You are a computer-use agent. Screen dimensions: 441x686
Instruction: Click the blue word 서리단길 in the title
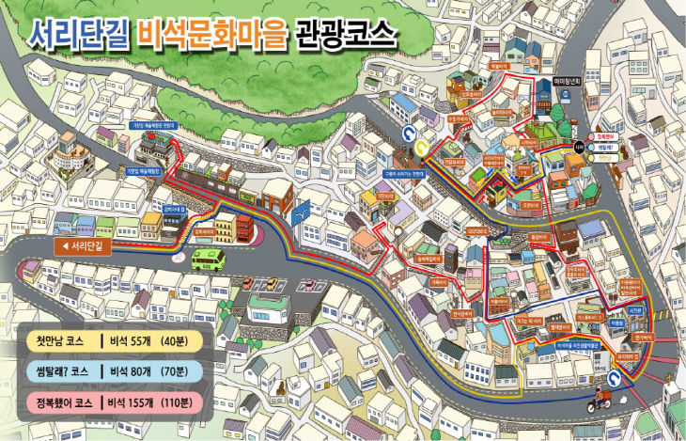click(80, 36)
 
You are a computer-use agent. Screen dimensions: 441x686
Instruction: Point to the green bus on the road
click(208, 258)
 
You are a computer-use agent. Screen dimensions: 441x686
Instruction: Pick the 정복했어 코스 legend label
click(63, 402)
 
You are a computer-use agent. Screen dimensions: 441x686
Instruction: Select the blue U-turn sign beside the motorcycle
click(616, 378)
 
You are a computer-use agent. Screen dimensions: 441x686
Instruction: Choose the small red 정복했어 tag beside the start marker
click(603, 137)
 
